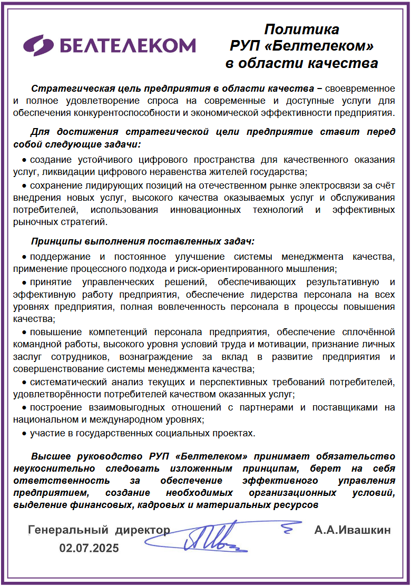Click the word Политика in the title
click(x=301, y=29)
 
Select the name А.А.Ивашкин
click(x=353, y=530)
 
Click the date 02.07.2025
click(x=89, y=548)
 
